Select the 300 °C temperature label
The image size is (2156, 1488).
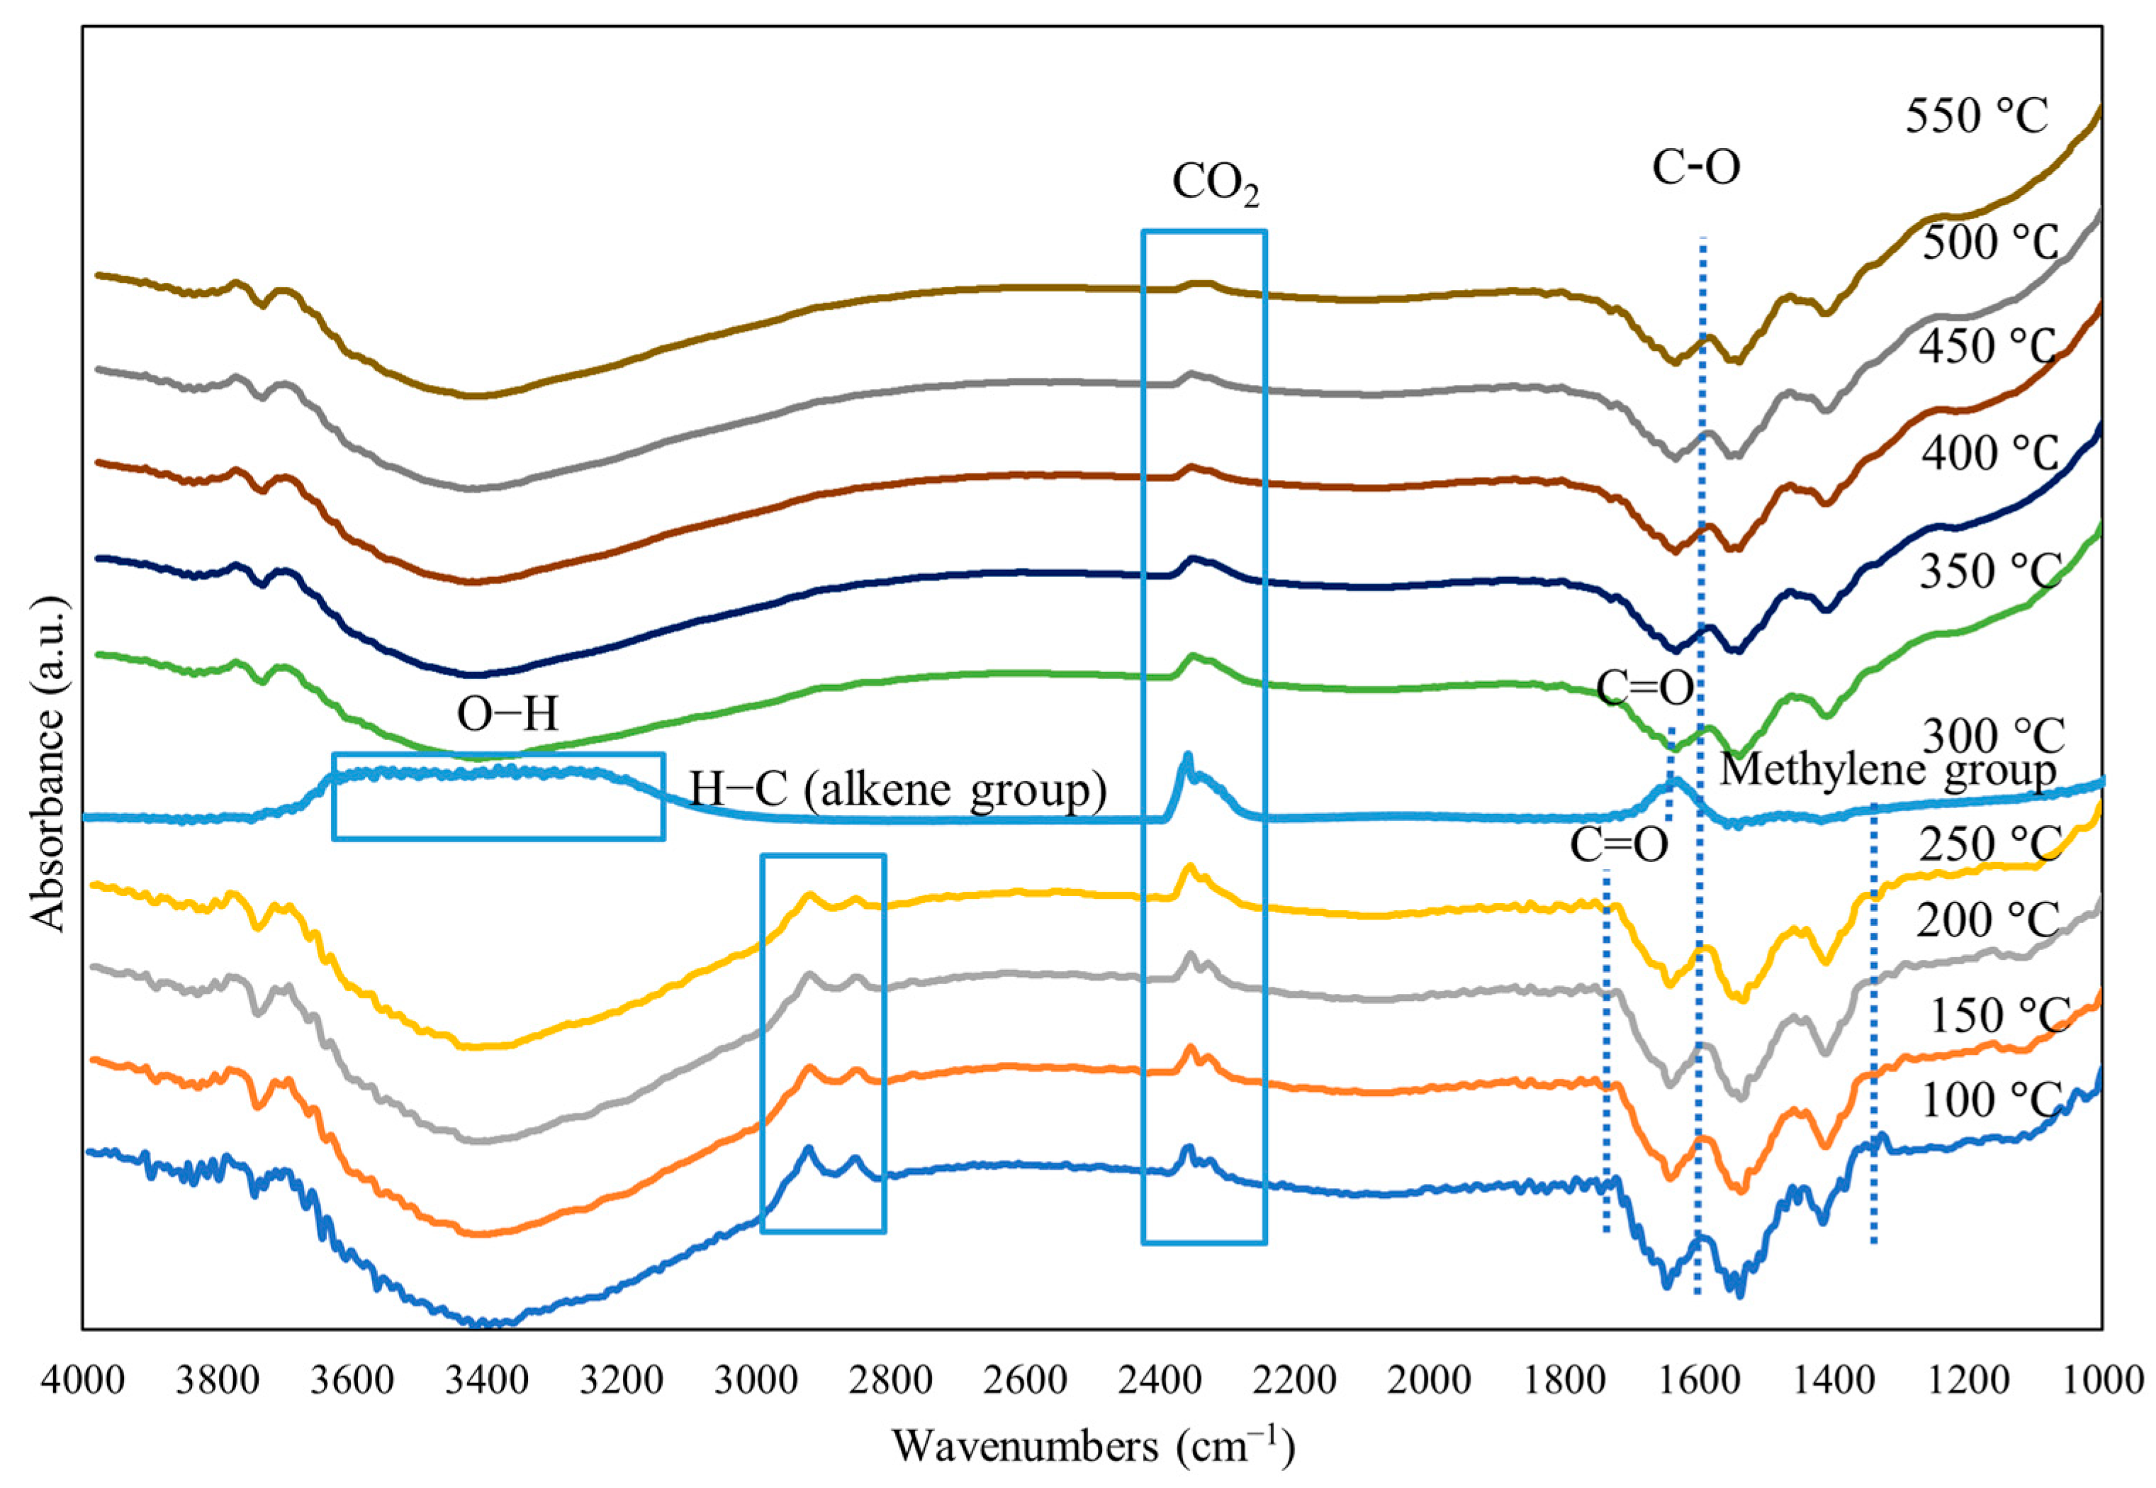tap(1992, 737)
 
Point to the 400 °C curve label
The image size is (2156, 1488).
tap(1988, 454)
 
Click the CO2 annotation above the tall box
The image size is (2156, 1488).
tap(1215, 184)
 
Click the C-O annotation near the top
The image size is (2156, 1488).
tap(1695, 169)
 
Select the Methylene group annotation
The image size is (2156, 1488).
tap(1887, 770)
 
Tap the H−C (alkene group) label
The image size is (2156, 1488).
tap(898, 790)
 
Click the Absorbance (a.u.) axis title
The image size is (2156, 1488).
tap(48, 764)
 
